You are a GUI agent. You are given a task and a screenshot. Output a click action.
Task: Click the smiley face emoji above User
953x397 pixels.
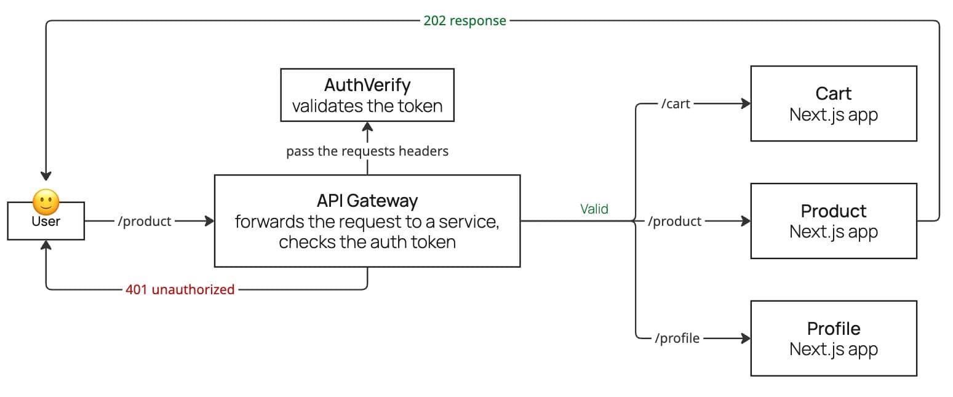pos(46,201)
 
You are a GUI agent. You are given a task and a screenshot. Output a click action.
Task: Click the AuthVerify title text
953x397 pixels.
pos(367,85)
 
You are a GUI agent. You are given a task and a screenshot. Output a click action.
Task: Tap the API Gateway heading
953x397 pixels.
pos(367,201)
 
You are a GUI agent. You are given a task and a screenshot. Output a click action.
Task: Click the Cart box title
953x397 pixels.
pos(833,94)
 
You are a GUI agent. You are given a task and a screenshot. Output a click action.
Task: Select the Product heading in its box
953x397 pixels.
pos(833,211)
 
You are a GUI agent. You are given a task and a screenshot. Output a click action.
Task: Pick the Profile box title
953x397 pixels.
pos(833,328)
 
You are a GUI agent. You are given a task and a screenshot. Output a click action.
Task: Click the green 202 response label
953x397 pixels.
pos(465,21)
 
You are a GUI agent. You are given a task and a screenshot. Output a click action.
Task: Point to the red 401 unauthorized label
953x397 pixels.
pos(180,289)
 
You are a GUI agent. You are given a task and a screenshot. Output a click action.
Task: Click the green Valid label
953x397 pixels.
pos(594,209)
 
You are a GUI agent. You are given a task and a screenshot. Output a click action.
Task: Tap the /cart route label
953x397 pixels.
pos(676,104)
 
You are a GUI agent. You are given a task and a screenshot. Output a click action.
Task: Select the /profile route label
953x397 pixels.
pos(677,339)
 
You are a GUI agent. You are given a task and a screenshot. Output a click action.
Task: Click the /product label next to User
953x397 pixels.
pos(144,222)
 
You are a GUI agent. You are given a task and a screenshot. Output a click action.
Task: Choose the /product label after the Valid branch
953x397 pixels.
pos(674,222)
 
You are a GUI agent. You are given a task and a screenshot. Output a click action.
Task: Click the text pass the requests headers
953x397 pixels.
pos(367,151)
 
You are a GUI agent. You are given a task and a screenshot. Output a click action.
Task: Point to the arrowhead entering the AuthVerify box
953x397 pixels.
pos(367,127)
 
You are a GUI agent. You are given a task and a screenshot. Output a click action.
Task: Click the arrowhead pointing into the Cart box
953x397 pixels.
pos(746,104)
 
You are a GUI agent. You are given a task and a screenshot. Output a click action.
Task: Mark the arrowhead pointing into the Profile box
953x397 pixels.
pos(746,339)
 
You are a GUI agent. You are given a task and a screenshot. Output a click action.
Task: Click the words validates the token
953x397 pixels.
pos(367,106)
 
